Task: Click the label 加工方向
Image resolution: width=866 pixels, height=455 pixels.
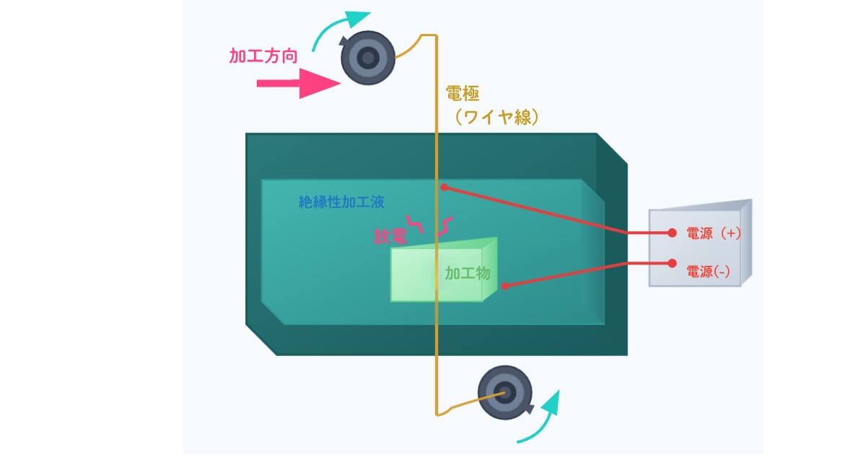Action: pos(263,56)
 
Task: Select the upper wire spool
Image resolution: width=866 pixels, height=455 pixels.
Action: pos(368,57)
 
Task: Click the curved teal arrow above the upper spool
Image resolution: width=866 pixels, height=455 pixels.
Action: pos(339,26)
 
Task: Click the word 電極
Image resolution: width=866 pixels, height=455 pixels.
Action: pos(462,94)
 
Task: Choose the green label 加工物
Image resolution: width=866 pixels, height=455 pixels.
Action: pos(468,273)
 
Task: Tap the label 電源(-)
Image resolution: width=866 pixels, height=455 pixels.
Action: pos(708,272)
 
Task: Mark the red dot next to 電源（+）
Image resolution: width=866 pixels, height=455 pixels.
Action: pos(672,233)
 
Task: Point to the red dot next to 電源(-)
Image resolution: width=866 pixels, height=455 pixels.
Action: pos(672,264)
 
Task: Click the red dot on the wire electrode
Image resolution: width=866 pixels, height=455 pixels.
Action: pos(445,188)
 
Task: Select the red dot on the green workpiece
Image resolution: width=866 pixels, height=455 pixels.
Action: pos(504,287)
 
